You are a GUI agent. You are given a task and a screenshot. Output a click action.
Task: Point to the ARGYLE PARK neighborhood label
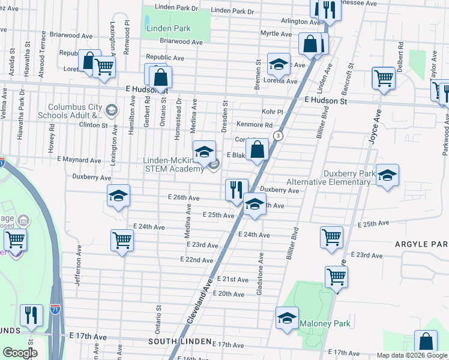(421, 244)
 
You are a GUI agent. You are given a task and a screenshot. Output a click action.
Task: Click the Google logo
(20, 352)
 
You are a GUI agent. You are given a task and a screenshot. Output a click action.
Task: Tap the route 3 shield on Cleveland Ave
(278, 136)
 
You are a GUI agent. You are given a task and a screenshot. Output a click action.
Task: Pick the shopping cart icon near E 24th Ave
(122, 240)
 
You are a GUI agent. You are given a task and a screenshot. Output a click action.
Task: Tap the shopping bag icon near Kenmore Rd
(257, 149)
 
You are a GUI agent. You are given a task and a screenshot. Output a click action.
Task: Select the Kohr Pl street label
(272, 112)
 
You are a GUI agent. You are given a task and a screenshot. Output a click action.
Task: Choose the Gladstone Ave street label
(261, 274)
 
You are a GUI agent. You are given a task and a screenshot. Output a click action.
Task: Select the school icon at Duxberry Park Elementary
(387, 175)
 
